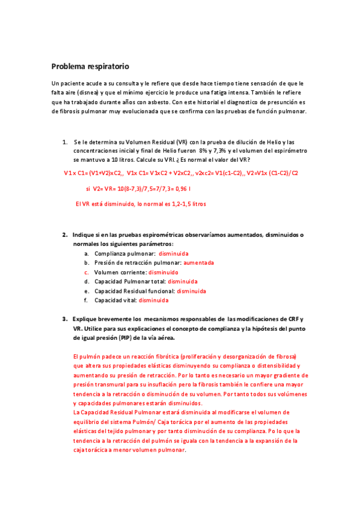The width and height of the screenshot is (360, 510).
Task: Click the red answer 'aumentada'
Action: click(198, 263)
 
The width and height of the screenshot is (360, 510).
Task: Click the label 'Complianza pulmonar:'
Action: click(121, 253)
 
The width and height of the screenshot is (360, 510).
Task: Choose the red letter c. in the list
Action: click(87, 272)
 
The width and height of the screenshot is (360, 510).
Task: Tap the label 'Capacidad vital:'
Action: click(115, 300)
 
